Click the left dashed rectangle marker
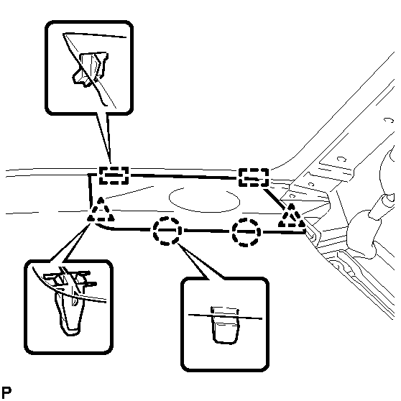(114, 175)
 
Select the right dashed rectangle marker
(254, 178)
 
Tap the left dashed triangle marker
(101, 210)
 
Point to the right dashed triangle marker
(292, 216)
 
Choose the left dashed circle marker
(167, 231)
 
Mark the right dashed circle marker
(246, 232)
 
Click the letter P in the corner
(6, 392)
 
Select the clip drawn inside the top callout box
(90, 68)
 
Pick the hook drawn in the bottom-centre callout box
(225, 325)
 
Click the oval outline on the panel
(204, 200)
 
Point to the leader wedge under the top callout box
(104, 138)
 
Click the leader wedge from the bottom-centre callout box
(200, 261)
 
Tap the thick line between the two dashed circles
(207, 231)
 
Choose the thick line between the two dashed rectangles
(184, 176)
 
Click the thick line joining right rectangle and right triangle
(274, 197)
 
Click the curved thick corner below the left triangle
(103, 227)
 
